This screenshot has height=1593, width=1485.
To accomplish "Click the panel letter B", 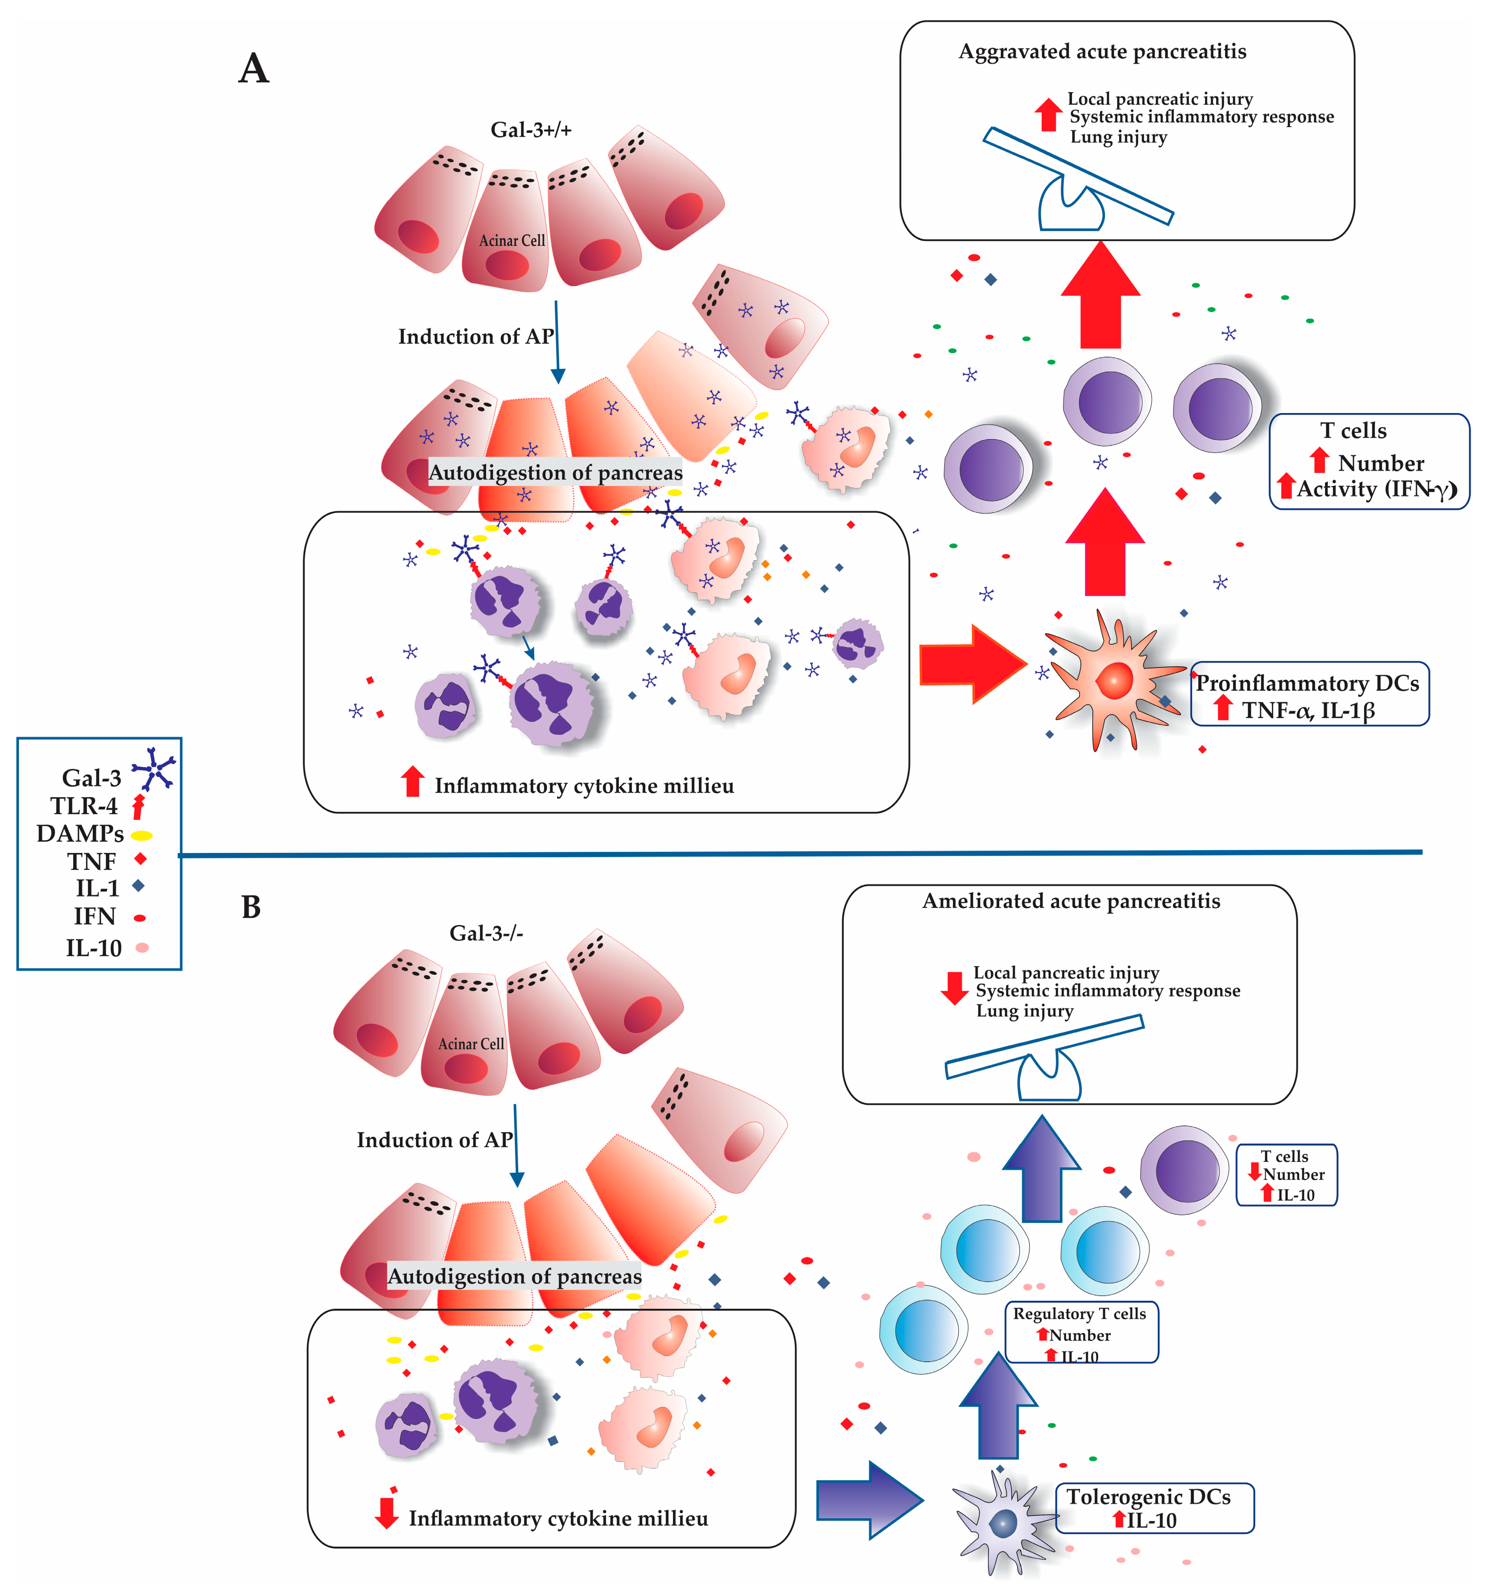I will [x=251, y=907].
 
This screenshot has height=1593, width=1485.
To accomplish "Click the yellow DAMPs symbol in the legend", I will [x=142, y=835].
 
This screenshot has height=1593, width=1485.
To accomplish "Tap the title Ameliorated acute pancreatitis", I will [x=1071, y=901].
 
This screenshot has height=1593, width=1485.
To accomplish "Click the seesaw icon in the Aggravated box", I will [x=1077, y=180].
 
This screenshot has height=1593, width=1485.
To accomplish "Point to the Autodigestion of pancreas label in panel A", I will [x=555, y=473].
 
